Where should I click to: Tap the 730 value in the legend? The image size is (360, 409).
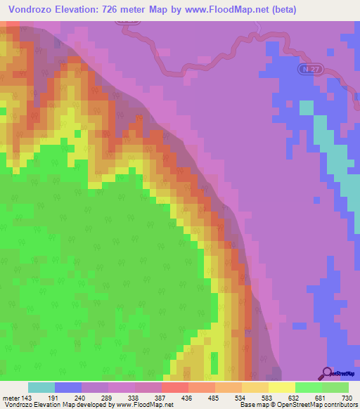347,397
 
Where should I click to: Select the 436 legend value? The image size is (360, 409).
187,397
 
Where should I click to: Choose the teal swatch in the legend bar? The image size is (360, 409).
41,387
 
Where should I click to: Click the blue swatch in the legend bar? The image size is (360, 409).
68,387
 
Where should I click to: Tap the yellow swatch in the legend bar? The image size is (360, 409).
282,387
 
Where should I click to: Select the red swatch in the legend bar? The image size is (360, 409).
175,387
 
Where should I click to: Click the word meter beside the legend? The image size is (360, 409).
10,397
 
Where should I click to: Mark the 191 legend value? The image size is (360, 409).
53,397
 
